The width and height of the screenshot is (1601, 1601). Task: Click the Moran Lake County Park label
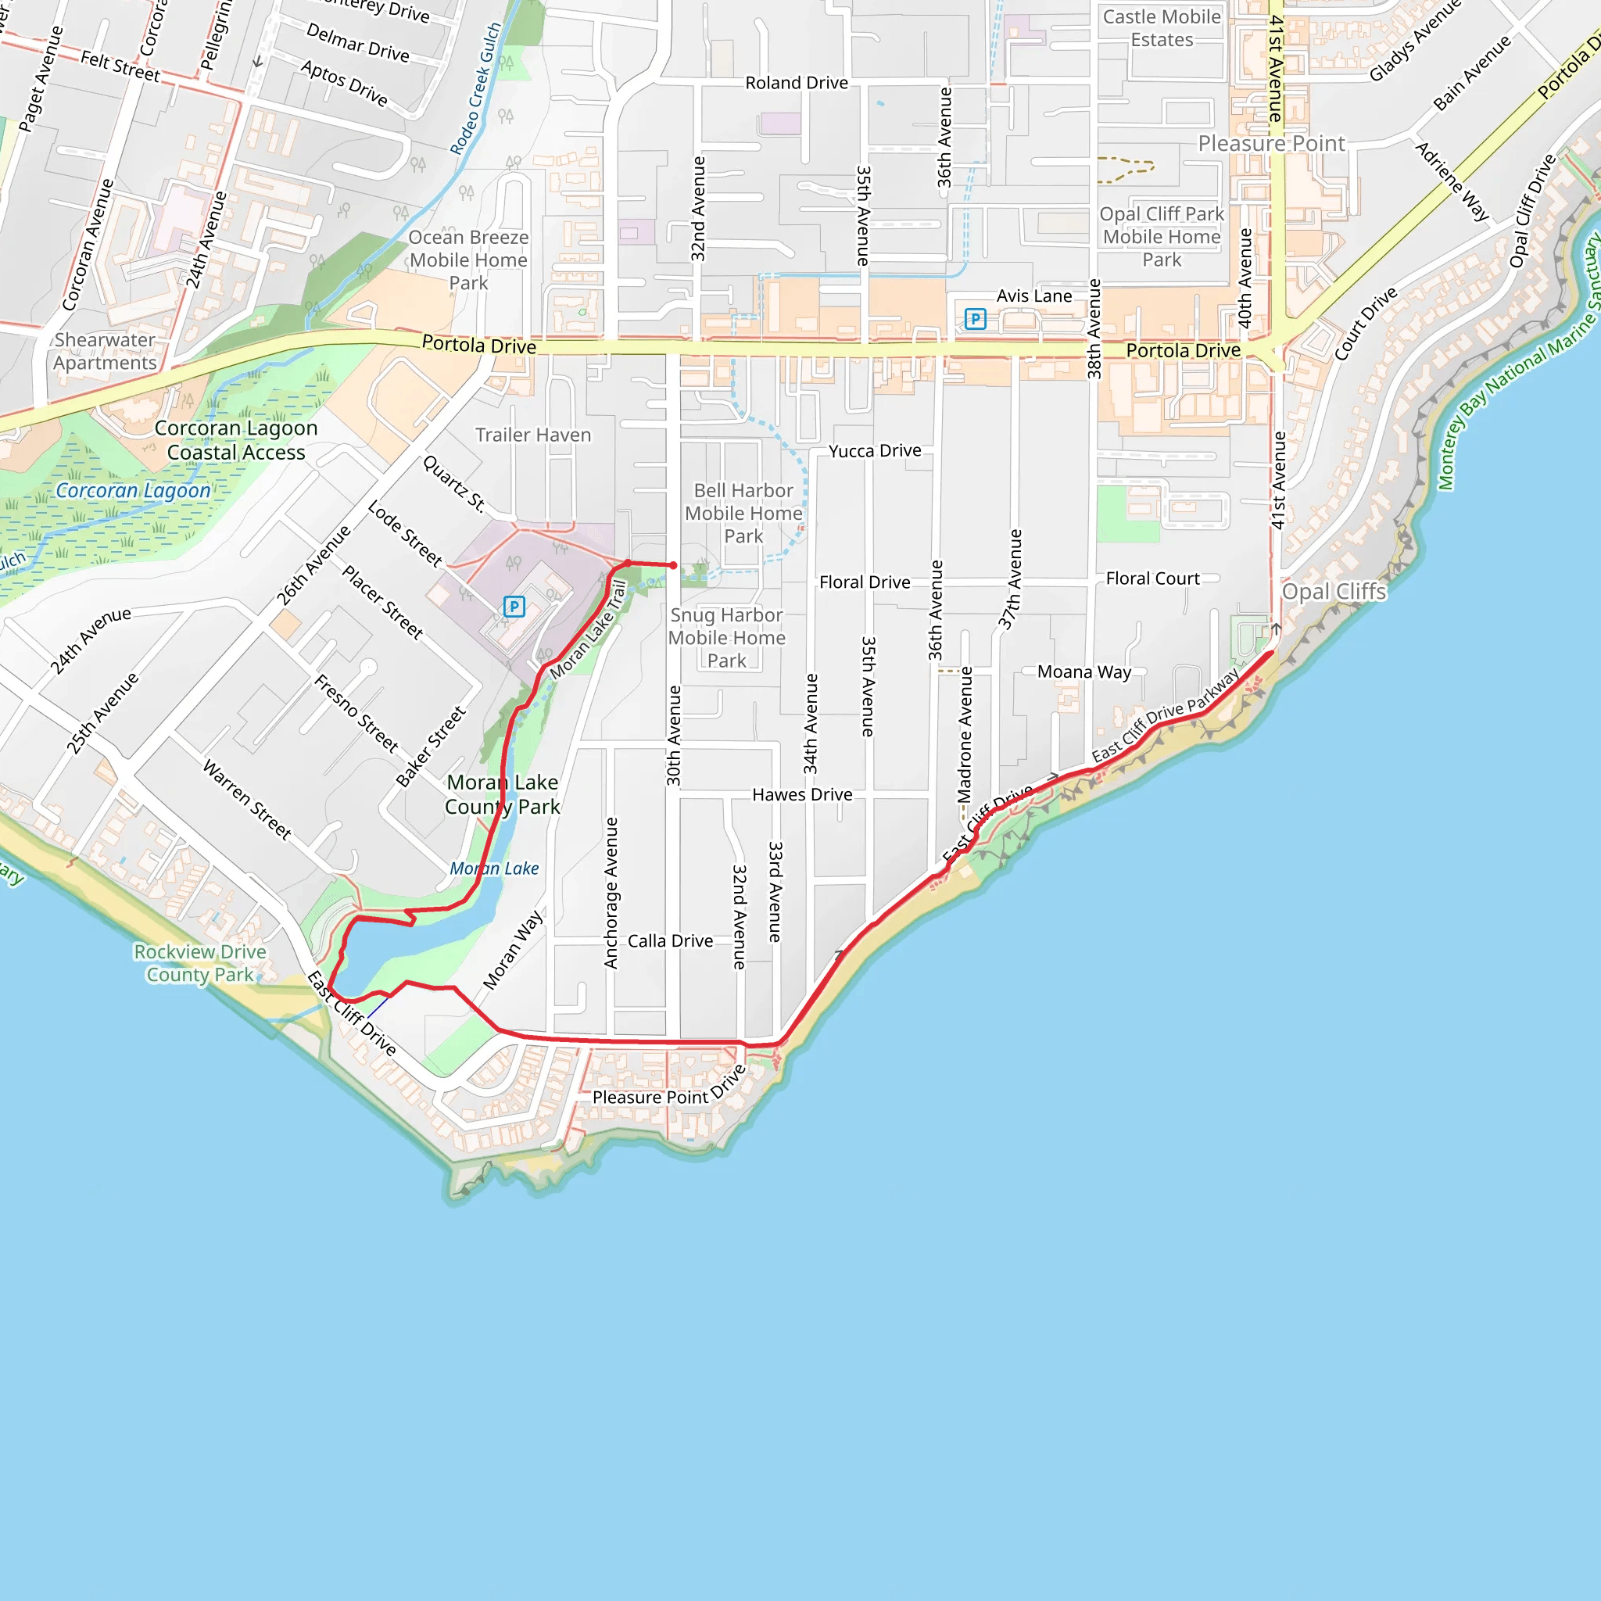click(502, 794)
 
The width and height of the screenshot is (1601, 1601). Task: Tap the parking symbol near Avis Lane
click(976, 318)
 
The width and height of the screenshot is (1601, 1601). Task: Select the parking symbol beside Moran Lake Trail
click(514, 607)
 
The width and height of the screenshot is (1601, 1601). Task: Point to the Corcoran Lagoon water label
click(133, 491)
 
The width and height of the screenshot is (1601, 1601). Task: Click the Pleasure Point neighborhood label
click(1271, 143)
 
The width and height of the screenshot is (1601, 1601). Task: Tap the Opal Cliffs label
click(1334, 592)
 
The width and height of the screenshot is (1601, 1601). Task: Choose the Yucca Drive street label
click(874, 451)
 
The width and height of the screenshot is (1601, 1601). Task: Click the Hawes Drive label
click(801, 795)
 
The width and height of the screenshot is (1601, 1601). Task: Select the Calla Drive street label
click(670, 940)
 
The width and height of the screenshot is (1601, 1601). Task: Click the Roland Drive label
click(797, 83)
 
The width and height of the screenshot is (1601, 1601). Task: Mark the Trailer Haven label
click(533, 435)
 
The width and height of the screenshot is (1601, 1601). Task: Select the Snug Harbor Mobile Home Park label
click(727, 637)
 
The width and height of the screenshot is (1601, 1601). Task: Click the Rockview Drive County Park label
click(199, 963)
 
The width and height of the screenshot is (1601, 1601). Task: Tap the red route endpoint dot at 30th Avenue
click(674, 565)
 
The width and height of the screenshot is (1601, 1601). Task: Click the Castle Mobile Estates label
click(1161, 28)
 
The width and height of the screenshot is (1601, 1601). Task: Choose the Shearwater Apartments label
click(105, 351)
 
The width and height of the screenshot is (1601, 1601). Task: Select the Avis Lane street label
click(1033, 295)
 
